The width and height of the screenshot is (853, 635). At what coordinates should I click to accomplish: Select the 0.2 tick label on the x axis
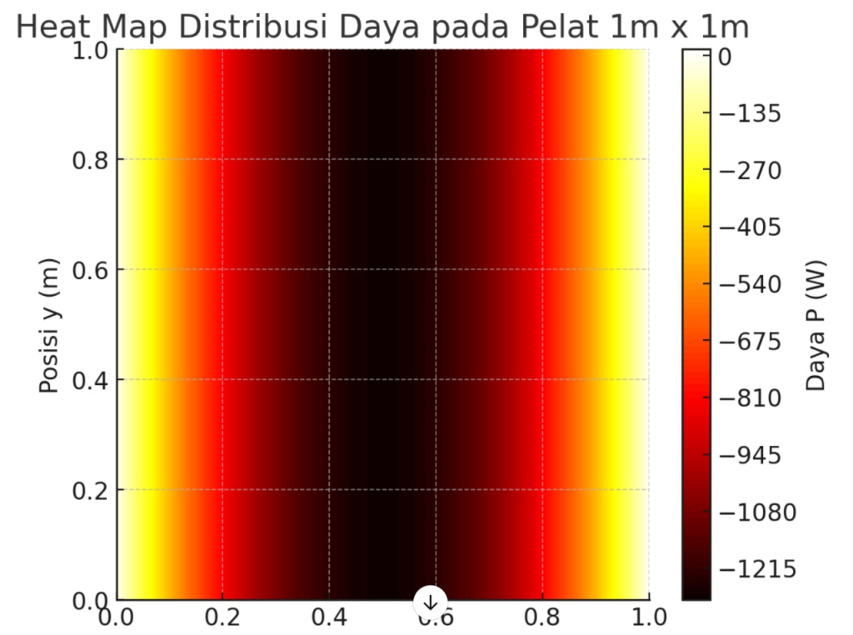[222, 617]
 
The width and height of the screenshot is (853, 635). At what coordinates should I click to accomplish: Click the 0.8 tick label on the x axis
[543, 617]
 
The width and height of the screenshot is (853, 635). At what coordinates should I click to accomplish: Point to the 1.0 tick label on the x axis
[649, 617]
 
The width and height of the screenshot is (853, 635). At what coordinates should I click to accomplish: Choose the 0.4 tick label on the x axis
[329, 617]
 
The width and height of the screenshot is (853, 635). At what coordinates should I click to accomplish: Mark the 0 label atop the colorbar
[724, 57]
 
